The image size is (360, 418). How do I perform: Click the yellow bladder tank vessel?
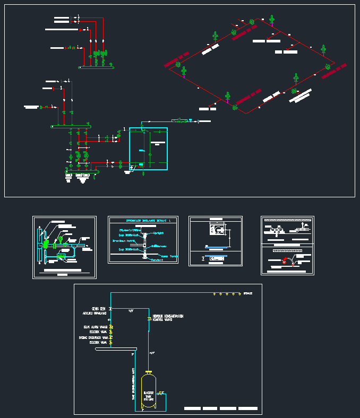tap(148, 390)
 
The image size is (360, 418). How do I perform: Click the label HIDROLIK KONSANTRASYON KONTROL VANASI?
tap(168, 318)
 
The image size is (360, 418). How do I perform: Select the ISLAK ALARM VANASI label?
tap(96, 327)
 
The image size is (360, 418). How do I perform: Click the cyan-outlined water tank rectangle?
tap(148, 149)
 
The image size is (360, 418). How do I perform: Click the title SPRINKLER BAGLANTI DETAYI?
tap(143, 220)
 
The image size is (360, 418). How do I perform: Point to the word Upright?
tap(158, 233)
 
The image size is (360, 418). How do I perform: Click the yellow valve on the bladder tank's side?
tap(160, 393)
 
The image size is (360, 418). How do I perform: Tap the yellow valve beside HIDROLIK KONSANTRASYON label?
tap(149, 318)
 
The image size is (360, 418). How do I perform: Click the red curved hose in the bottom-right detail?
tap(286, 260)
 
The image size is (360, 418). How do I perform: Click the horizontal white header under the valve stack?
tap(116, 349)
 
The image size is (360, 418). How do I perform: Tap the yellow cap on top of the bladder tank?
tap(148, 372)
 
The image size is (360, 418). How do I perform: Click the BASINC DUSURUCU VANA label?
tap(94, 337)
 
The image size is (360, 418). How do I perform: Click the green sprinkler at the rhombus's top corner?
tap(252, 22)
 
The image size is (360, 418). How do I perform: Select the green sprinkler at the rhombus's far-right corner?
tap(328, 66)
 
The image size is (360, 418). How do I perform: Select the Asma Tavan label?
tap(170, 256)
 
